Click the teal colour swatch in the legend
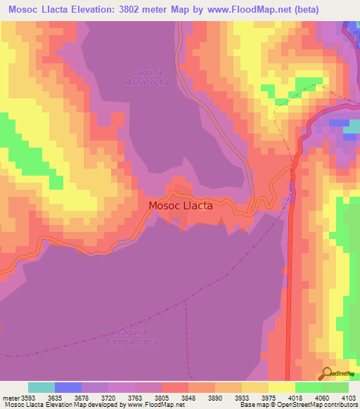[41, 387]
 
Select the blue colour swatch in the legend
[68, 387]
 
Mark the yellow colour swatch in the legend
[282, 387]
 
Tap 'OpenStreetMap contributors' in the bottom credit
[321, 405]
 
